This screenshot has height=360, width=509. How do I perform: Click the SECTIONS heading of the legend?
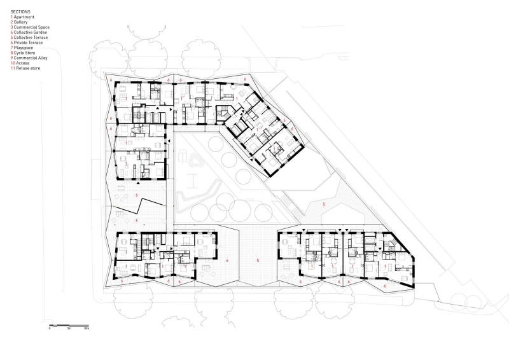pos(20,11)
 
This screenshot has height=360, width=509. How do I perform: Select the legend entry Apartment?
pos(23,17)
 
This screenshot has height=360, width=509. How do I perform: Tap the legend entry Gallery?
pos(21,22)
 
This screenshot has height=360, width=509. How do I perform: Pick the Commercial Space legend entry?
pos(29,27)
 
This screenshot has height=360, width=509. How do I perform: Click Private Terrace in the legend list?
pos(28,42)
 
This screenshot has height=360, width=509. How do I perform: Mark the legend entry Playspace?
pos(24,47)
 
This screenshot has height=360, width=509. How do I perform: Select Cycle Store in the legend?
pos(25,52)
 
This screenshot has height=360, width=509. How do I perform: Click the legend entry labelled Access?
pos(22,62)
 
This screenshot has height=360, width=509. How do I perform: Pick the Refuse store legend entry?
pos(27,67)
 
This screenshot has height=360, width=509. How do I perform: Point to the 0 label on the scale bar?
pos(50,328)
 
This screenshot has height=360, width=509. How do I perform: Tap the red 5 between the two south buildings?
pos(258,261)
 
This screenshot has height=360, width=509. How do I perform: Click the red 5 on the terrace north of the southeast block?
pos(323,204)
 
